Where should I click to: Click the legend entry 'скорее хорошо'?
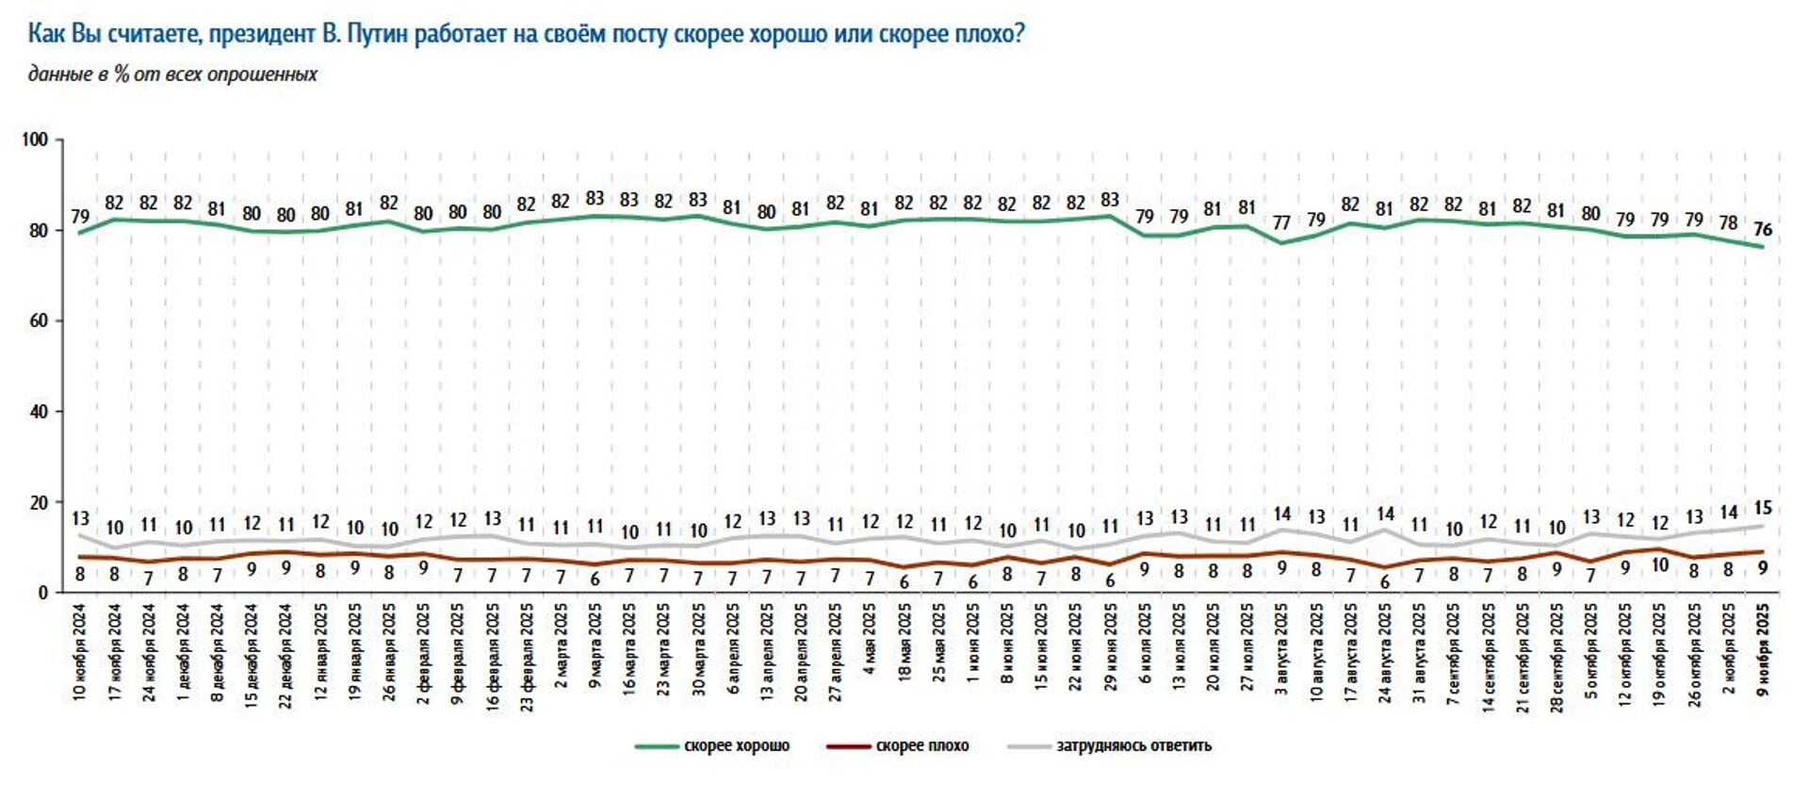[736, 745]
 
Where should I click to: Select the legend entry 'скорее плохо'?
[921, 745]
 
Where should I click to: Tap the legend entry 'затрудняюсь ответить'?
[1133, 745]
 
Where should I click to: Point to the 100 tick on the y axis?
[34, 139]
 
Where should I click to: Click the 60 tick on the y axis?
[38, 320]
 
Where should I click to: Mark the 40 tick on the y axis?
[38, 412]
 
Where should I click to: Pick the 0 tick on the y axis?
[42, 593]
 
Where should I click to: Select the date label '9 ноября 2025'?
[1763, 649]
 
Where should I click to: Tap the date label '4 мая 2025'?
[870, 640]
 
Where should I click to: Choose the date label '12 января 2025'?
[320, 651]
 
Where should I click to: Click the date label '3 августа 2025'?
[1281, 649]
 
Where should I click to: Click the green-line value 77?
[1281, 222]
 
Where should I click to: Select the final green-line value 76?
[1763, 229]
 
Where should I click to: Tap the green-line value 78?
[1728, 222]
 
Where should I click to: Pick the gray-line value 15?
[1763, 508]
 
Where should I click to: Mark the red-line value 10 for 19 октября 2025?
[1659, 565]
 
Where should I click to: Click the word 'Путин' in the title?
[377, 35]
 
